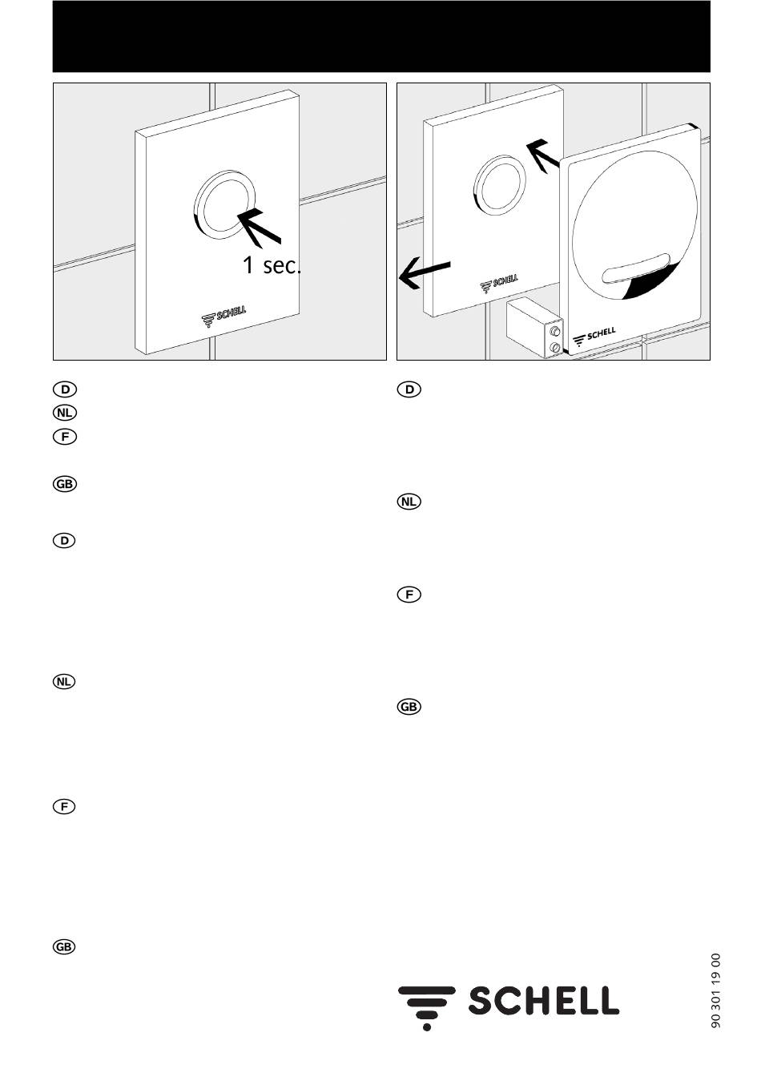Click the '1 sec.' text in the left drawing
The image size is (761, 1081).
272,265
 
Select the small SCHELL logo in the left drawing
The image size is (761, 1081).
223,316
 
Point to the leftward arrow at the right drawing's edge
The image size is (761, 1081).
425,273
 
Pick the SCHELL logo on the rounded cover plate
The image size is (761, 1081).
594,337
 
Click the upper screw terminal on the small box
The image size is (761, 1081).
555,332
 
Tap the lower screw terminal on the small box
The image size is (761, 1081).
555,347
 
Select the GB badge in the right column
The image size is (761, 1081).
409,707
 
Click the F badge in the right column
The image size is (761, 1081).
409,595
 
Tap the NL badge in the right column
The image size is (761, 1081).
409,502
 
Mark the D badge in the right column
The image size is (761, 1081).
409,389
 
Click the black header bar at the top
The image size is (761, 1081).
381,36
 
